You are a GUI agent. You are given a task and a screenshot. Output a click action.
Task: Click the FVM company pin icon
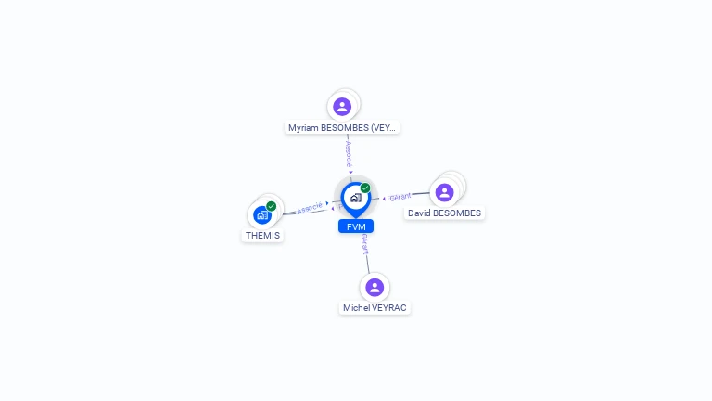[355, 197]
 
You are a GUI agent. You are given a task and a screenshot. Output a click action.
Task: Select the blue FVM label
[356, 226]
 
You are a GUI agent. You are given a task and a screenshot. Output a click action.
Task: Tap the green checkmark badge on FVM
[365, 188]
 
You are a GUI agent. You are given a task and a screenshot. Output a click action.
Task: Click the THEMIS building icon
[262, 215]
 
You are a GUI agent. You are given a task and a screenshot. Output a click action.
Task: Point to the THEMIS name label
[262, 236]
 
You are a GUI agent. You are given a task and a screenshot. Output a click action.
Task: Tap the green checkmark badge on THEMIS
[271, 206]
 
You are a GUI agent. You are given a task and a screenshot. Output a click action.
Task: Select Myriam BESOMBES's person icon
[342, 106]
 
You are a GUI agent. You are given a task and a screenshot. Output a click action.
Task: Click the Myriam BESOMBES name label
[343, 128]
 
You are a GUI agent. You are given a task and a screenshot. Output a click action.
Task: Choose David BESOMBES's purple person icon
[445, 192]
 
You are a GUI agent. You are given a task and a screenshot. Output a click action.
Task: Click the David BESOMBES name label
[445, 213]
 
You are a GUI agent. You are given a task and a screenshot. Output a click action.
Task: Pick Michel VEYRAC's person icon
[375, 287]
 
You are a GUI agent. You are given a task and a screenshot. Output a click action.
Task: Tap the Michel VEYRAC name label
[375, 308]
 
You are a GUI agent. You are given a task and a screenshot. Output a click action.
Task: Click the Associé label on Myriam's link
[349, 152]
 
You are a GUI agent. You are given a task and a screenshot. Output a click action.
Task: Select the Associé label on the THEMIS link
[310, 207]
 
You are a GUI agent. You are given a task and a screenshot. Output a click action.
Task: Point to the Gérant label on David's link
[400, 197]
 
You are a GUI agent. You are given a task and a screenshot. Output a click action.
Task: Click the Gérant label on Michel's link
[365, 244]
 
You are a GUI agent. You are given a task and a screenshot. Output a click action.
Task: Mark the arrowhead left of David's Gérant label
[385, 199]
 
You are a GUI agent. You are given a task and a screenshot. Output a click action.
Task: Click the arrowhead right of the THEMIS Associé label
[327, 203]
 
